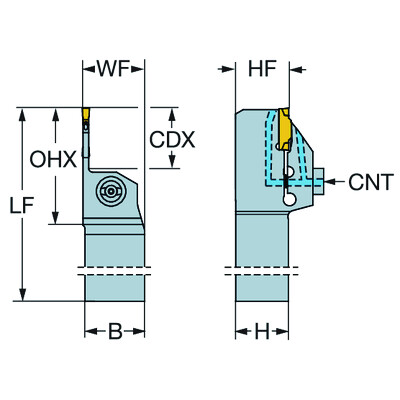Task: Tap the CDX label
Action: click(172, 139)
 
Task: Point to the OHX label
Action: click(51, 158)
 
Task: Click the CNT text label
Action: click(371, 183)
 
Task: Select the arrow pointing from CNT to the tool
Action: click(338, 183)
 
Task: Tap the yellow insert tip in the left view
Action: click(88, 120)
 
